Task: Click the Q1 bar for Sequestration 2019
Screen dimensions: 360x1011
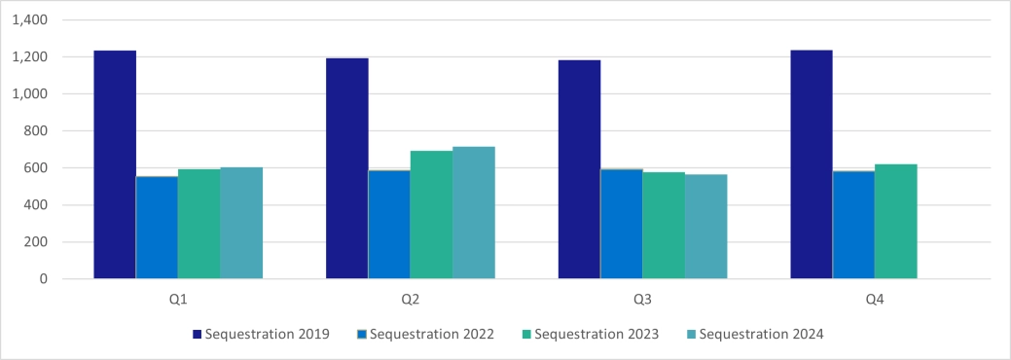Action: [114, 164]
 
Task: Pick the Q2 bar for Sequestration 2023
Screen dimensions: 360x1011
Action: [431, 215]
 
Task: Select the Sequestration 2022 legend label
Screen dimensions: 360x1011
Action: [434, 335]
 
